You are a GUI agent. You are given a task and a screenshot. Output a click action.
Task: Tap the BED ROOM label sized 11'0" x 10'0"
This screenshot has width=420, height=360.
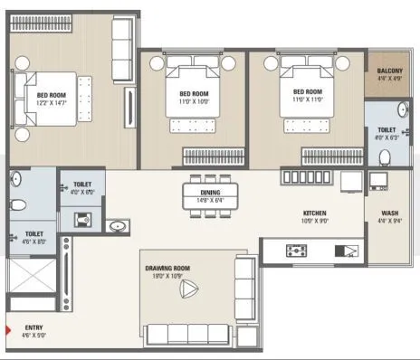[193, 95]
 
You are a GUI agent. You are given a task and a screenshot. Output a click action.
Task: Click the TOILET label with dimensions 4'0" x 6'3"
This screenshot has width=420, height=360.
[387, 130]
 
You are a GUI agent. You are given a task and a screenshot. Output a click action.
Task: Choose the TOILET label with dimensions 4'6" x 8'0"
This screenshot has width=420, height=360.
[34, 234]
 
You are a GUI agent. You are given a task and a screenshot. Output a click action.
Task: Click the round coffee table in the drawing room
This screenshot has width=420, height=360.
[188, 290]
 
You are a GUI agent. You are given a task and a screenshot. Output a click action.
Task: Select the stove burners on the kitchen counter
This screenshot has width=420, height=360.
[296, 249]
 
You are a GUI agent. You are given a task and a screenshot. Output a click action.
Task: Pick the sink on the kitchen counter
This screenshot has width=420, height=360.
[346, 251]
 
